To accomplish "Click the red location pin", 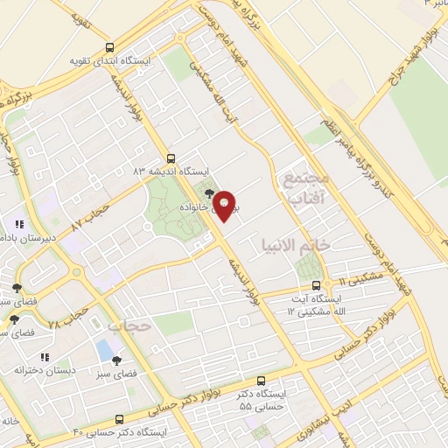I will coord(225,206).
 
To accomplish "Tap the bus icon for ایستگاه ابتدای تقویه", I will coord(108,48).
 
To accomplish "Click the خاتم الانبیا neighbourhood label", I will coord(294,243).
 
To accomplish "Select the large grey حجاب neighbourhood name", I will coord(129,325).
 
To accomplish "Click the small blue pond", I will coord(105,349).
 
